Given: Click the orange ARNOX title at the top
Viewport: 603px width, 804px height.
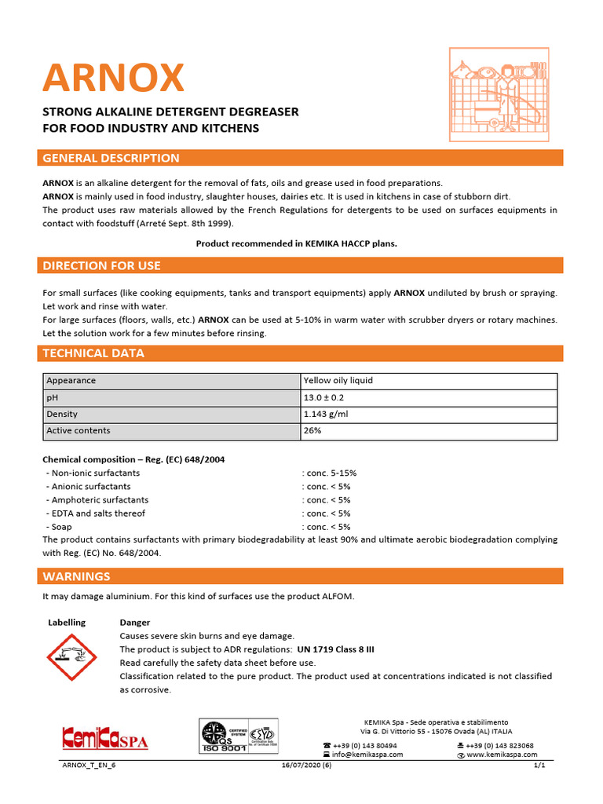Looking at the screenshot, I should (x=113, y=77).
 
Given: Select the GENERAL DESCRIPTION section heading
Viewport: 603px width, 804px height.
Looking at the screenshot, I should (x=111, y=158).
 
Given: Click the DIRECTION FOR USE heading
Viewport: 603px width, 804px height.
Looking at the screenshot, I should (x=101, y=266).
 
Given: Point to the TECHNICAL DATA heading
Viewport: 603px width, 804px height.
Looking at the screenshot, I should (x=93, y=353).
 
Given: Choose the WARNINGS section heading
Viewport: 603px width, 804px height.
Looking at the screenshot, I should (x=76, y=576).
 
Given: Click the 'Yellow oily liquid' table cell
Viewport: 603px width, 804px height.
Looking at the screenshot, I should (x=338, y=381).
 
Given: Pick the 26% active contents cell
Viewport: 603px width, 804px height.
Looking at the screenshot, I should (x=312, y=430).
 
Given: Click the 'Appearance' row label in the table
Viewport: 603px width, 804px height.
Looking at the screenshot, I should (x=71, y=381).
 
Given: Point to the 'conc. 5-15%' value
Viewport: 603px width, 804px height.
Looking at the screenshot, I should (x=329, y=473).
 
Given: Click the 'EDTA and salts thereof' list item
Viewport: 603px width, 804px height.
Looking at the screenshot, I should (x=97, y=513).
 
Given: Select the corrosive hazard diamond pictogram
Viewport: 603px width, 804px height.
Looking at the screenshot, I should (x=68, y=656).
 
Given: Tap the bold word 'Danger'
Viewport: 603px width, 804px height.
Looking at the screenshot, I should (x=134, y=623).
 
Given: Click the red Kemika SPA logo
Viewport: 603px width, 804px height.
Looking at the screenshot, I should (x=104, y=739).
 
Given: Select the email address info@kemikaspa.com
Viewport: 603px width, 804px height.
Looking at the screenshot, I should (x=367, y=755).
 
